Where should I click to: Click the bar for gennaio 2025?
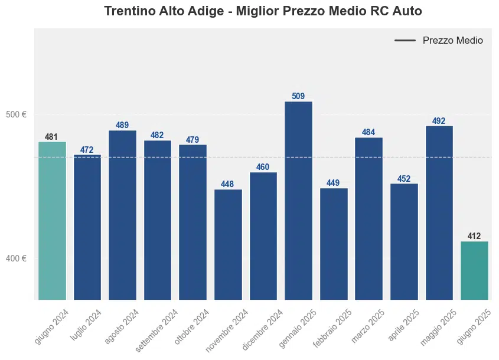298,200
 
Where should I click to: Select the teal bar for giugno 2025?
474,270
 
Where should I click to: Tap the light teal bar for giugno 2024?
52,220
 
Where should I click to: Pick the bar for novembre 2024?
228,244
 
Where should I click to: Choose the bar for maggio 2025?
439,212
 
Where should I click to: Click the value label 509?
298,96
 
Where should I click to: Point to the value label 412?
474,236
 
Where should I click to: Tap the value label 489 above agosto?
122,125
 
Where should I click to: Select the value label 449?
333,183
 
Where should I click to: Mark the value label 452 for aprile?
404,179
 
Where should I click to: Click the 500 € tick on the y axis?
16,114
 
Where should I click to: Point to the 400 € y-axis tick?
16,258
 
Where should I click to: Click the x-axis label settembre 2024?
156,330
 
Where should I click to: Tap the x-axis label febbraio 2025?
332,328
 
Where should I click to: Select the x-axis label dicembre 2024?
262,329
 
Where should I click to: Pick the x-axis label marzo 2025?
367,325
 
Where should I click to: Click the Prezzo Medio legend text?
452,40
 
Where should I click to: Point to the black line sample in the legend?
405,40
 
